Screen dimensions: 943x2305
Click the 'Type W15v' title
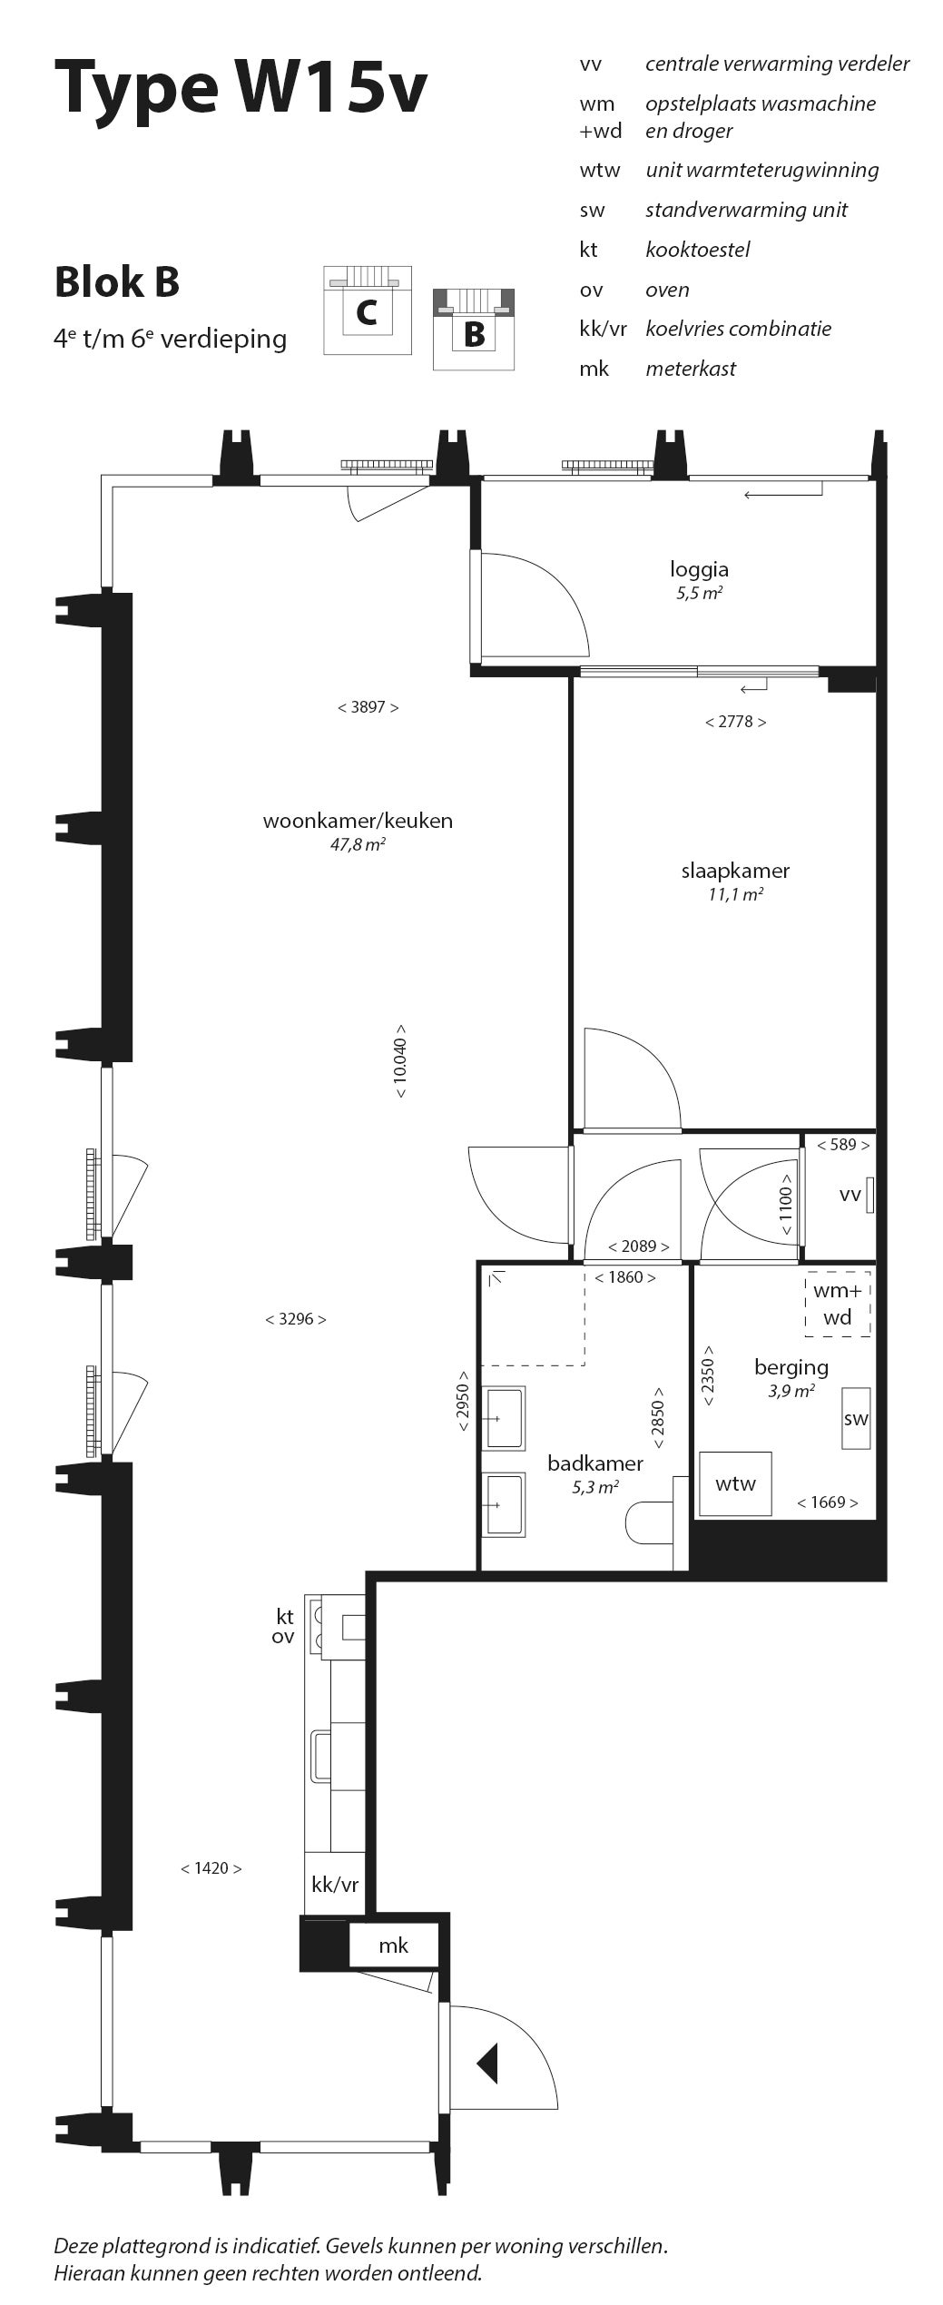[240, 88]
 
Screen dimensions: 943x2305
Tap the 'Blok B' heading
[117, 281]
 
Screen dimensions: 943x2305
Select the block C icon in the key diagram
[368, 310]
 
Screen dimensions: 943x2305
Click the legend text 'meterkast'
[691, 369]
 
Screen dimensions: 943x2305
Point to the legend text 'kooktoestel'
[697, 250]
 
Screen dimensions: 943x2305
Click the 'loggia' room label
[699, 569]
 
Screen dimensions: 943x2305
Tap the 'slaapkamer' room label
[735, 871]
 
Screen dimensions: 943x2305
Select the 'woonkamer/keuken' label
[358, 821]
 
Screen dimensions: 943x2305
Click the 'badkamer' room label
[595, 1463]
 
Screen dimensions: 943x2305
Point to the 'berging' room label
[791, 1367]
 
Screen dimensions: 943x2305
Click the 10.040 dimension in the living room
[400, 1062]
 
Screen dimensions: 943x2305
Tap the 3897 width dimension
[368, 707]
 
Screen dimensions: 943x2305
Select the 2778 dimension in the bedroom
[735, 722]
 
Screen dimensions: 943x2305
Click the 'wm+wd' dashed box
[838, 1304]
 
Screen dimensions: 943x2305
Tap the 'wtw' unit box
[735, 1483]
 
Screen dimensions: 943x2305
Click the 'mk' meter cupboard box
[393, 1945]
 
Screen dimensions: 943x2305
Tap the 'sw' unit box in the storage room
[856, 1418]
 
